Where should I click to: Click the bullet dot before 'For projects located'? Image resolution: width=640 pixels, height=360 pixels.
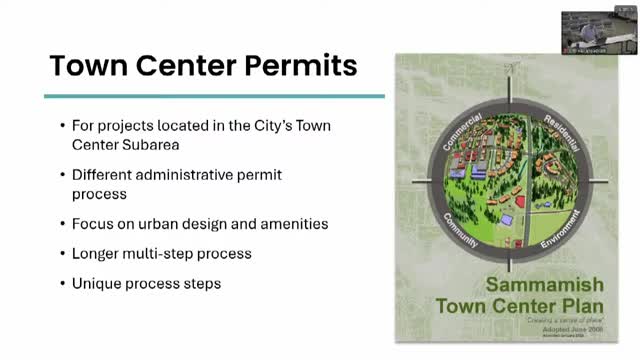coord(62,127)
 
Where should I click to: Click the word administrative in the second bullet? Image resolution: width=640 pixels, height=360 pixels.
coord(185,175)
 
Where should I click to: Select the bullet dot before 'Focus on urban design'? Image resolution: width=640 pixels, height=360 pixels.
coord(62,222)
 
